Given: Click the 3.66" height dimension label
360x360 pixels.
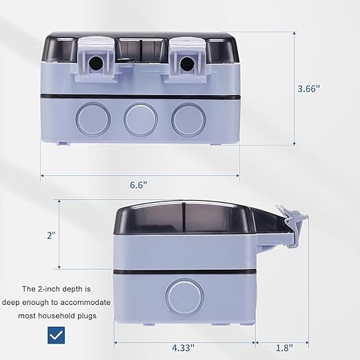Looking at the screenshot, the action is pos(309,88).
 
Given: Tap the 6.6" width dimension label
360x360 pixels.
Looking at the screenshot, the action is pos(139,185).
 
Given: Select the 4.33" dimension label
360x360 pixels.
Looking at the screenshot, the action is pos(183,348).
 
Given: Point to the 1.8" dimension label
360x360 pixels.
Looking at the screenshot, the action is pos(284,348).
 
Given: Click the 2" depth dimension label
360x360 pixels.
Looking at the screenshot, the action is pos(51,235).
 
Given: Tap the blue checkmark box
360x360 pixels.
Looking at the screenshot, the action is pos(56,335).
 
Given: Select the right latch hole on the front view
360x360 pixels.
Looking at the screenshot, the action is pos(187,63).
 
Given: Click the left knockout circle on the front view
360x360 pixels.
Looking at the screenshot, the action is pos(93,119).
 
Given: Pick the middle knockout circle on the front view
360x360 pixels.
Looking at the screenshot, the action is pos(141,119).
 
